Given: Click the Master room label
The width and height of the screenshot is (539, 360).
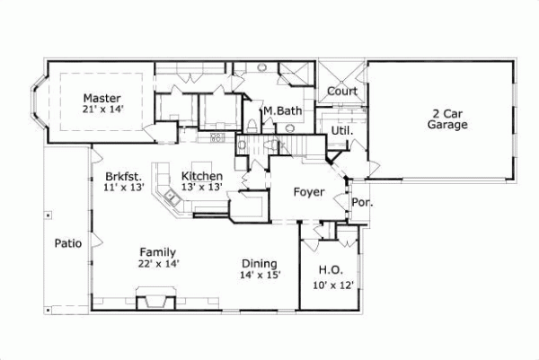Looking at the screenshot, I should point(102,98).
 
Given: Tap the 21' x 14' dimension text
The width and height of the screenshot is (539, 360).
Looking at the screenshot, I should point(102,110).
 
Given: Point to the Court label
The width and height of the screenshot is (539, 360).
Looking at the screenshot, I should point(341,92).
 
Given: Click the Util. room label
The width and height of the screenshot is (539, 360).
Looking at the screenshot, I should point(342,130).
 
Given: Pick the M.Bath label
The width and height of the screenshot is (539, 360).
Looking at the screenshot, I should point(282,111).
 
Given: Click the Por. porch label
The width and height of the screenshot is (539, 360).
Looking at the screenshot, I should point(363,203).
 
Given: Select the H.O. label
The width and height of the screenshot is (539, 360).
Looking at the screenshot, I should point(330,270).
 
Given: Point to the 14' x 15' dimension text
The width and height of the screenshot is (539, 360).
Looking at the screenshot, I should point(261,276).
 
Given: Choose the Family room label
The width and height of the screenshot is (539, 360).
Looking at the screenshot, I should point(157,252).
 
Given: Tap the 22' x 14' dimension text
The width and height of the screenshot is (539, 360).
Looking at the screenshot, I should point(159,264).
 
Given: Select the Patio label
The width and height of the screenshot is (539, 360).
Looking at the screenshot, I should point(68,242).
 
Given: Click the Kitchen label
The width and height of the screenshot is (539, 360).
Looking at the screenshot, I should point(201,176).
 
